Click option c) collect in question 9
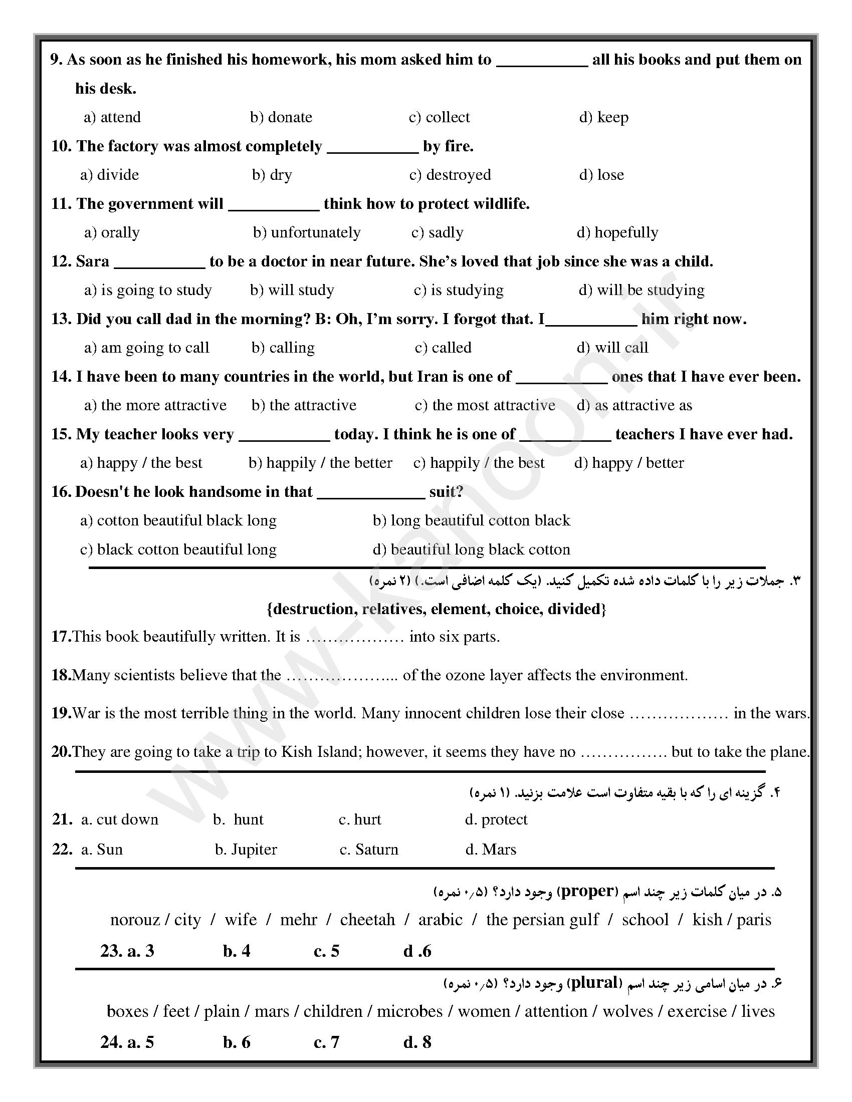coord(439,117)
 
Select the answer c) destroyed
coord(450,175)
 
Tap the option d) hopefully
coord(617,232)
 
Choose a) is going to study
coord(148,290)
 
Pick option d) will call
coord(612,348)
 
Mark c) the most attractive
coord(485,405)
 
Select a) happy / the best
coord(141,463)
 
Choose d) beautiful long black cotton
coord(472,549)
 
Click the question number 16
coord(61,492)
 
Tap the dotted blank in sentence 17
coord(354,637)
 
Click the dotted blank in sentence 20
coord(623,752)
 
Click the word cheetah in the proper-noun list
coord(367,919)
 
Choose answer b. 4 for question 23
coord(237,951)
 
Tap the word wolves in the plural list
coord(627,1011)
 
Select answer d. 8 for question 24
coord(417,1042)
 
